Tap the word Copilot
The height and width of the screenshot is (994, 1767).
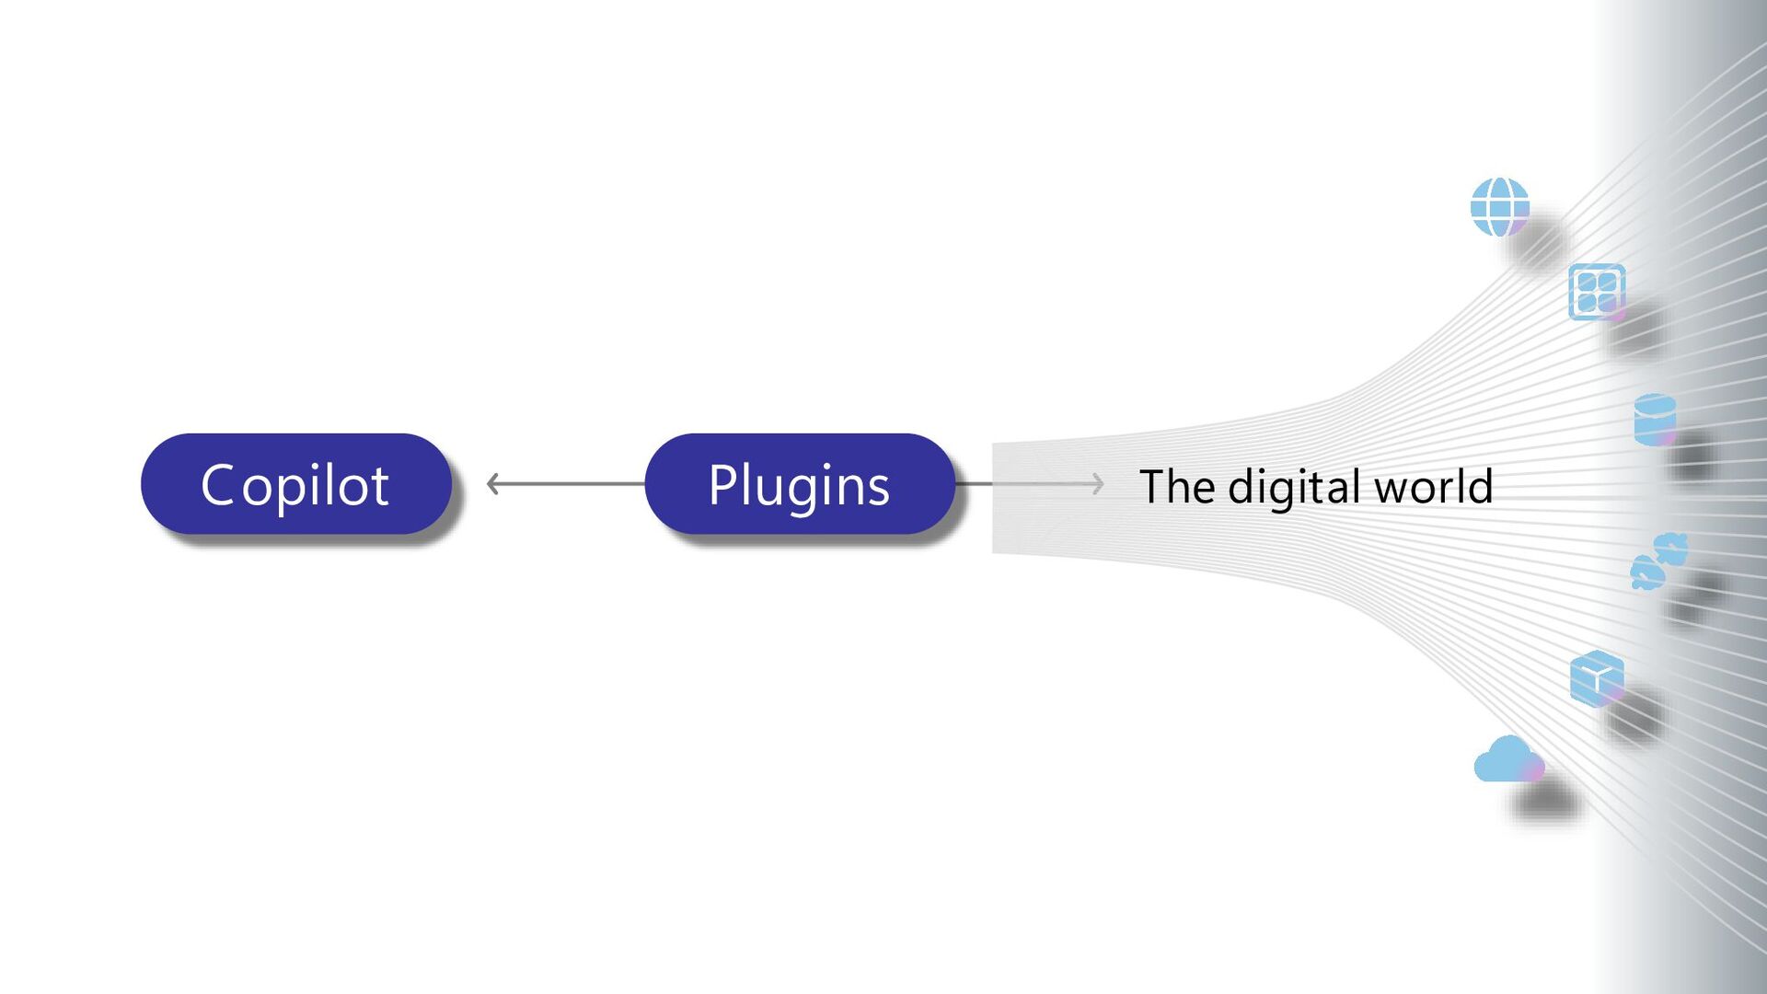coord(294,485)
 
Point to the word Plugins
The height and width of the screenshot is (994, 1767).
coord(799,485)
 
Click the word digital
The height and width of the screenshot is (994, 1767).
coord(1298,487)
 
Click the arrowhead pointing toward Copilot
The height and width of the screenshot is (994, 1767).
coord(492,484)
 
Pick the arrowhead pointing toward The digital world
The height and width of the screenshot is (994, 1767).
coord(1097,484)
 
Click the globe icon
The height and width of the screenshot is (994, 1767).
coord(1499,206)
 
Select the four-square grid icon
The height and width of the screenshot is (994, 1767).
coord(1597,292)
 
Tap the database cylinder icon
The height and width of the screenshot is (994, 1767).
coord(1655,420)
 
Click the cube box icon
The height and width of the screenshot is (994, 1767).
coord(1597,678)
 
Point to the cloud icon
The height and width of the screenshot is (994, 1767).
coord(1507,760)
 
